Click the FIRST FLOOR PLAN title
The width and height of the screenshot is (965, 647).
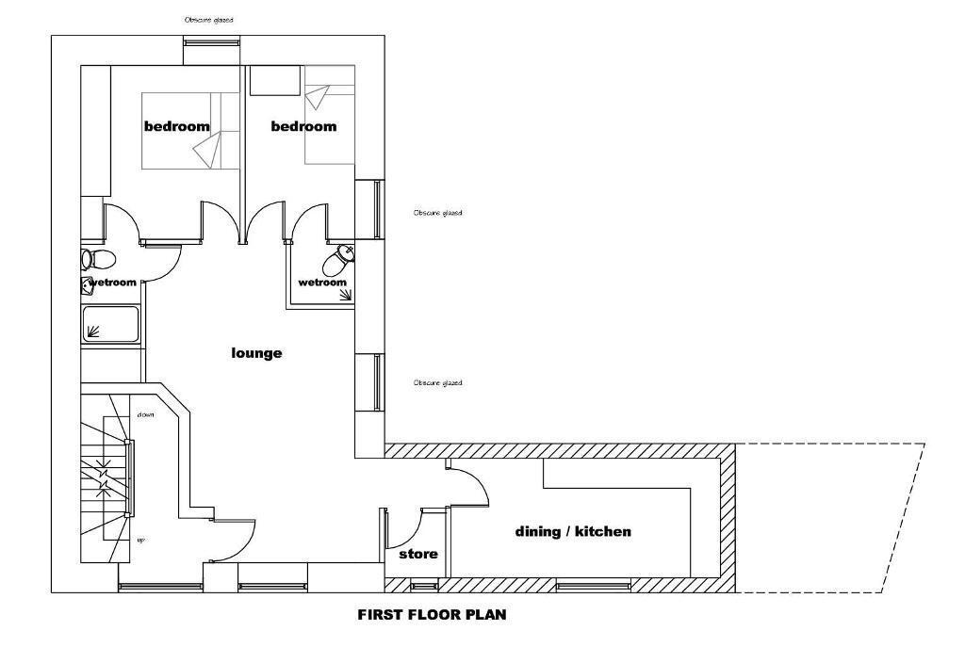coord(432,615)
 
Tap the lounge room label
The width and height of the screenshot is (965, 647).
coord(257,353)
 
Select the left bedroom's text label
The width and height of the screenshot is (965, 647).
coord(176,126)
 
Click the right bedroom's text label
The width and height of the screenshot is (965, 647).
coord(303,126)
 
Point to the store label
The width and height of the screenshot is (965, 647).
coord(417,555)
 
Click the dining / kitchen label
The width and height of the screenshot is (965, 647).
coord(573,532)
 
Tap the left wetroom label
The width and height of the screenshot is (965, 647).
coord(113,282)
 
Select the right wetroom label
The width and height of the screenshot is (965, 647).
coord(322,283)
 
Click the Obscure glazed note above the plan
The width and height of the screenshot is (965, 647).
coord(209,19)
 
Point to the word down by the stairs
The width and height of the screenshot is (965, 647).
coord(145,414)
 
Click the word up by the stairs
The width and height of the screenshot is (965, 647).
coord(140,540)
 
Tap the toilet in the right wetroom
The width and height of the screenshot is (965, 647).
coord(340,256)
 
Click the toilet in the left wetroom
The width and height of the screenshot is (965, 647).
coord(97,259)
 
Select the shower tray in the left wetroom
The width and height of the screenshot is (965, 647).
coord(110,323)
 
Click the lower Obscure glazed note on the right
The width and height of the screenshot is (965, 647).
coord(438,383)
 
